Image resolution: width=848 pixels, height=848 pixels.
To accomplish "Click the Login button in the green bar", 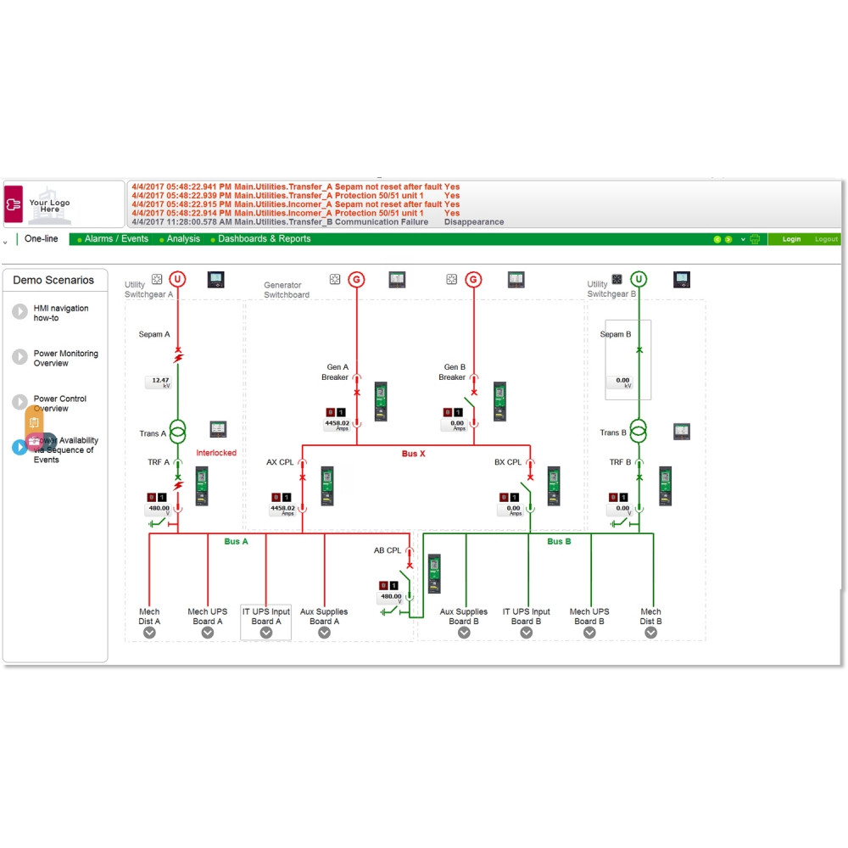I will (791, 239).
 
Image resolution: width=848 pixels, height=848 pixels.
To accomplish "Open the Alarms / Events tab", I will (116, 239).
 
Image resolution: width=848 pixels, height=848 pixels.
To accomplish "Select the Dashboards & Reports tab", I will (264, 239).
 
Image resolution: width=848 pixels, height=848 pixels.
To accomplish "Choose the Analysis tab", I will (183, 239).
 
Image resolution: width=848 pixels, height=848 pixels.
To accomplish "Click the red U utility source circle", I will (178, 279).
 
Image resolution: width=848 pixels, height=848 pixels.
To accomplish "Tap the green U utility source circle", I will (639, 279).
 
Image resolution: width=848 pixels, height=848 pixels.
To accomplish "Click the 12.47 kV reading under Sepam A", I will (159, 382).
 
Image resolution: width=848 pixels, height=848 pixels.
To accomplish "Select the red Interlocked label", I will (216, 453).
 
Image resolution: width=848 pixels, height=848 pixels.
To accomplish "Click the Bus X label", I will (413, 455).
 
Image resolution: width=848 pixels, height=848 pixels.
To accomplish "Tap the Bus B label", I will (559, 541).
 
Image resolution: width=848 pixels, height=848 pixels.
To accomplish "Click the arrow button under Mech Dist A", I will (150, 632).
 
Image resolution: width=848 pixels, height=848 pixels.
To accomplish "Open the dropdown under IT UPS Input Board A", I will (266, 632).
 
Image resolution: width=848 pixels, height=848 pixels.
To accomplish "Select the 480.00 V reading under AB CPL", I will (391, 598).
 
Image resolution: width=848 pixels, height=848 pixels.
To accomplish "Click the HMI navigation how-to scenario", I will (60, 313).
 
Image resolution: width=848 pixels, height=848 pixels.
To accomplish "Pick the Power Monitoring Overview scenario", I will (65, 358).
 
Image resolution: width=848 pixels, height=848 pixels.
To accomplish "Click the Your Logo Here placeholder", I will (50, 206).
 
